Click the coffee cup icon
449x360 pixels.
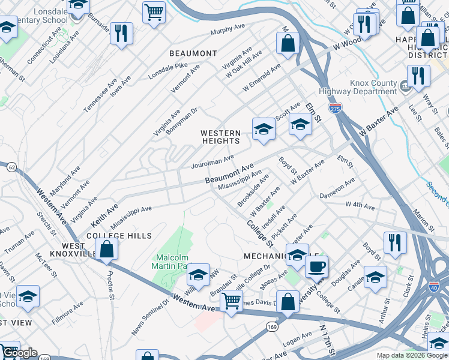point(316,266)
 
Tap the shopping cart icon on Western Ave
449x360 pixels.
point(231,301)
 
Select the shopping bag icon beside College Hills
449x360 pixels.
point(106,250)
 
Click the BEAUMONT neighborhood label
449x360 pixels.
point(193,53)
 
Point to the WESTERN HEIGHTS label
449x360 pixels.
point(220,137)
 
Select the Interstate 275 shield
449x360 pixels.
point(335,109)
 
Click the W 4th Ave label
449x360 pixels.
point(360,206)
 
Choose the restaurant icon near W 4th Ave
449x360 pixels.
point(395,242)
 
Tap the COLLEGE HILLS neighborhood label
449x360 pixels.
point(119,236)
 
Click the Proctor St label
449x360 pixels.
point(110,282)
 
